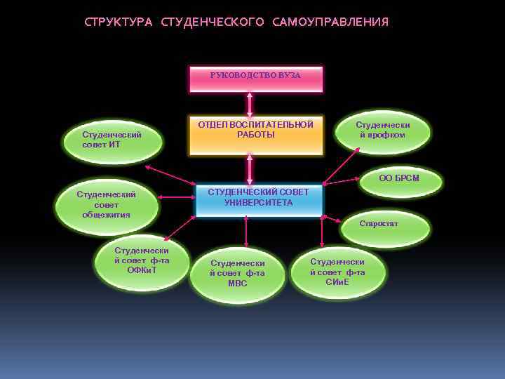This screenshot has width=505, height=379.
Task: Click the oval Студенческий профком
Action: coord(383,131)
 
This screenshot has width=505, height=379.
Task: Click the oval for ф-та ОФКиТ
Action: coord(142,260)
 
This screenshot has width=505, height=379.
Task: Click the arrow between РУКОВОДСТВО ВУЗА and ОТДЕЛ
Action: coord(250,104)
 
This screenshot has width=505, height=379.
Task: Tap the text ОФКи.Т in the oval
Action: coord(142,270)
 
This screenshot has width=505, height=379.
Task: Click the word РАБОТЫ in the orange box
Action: coord(256,135)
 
